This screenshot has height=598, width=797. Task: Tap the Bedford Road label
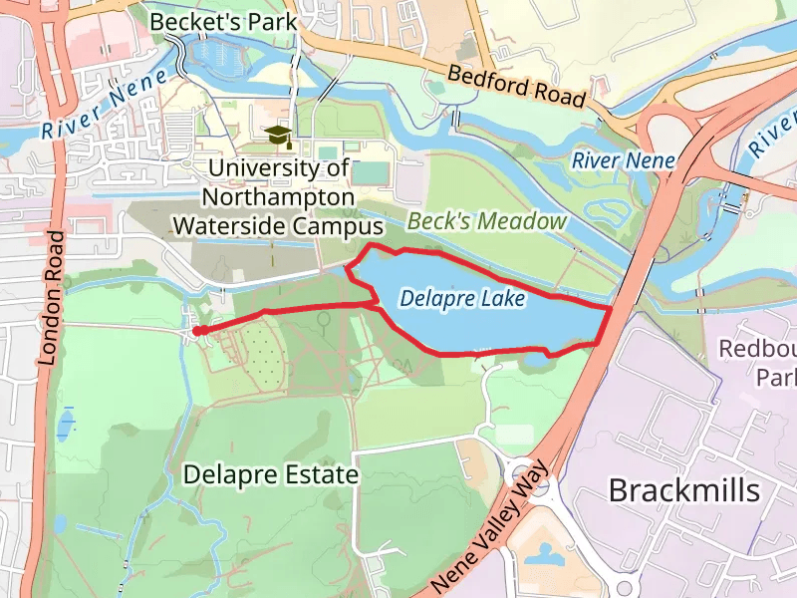[x=515, y=86]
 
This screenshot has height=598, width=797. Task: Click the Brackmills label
[x=683, y=490]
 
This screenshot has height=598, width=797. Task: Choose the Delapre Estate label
[x=270, y=474]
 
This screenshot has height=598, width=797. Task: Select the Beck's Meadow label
[x=486, y=221]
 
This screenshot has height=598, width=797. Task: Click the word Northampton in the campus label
[x=277, y=197]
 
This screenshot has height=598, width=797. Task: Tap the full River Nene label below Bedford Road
[x=624, y=160]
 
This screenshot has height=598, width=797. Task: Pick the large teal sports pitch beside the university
[x=373, y=171]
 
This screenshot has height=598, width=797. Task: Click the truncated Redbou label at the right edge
[x=757, y=349]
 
